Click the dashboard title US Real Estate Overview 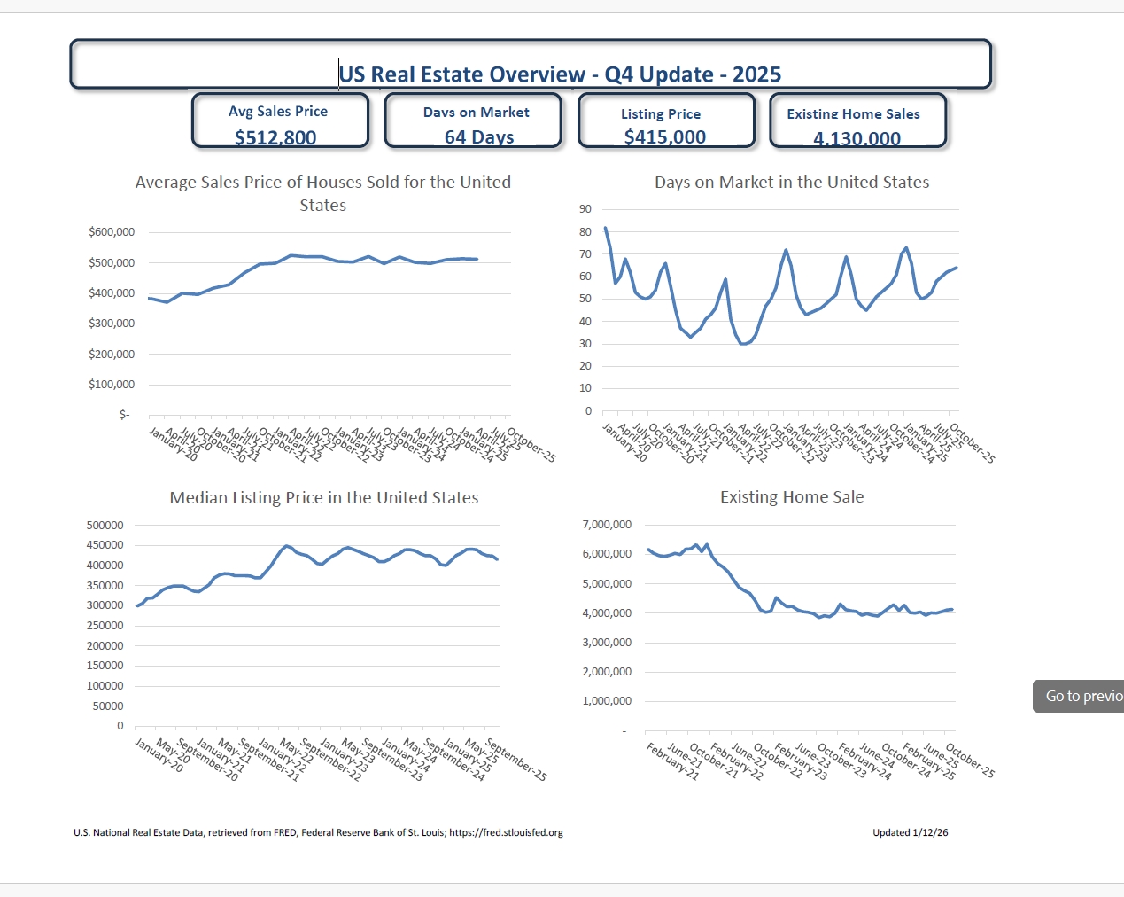point(560,74)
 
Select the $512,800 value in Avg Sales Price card point(275,137)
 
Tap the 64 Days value point(479,137)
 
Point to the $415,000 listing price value point(664,136)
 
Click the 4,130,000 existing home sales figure point(857,138)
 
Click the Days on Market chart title point(792,183)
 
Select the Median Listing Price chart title point(324,498)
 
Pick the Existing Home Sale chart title point(792,497)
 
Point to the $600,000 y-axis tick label point(112,232)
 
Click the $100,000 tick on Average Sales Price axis point(112,385)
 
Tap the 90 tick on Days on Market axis point(585,209)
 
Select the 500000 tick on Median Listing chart point(105,526)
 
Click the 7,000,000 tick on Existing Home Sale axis point(607,525)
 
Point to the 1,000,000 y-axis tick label point(607,701)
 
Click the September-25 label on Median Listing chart point(517,760)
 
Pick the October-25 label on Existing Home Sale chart point(971,760)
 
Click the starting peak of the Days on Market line point(605,228)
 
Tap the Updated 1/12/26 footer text point(910,832)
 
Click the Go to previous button point(1078,696)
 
